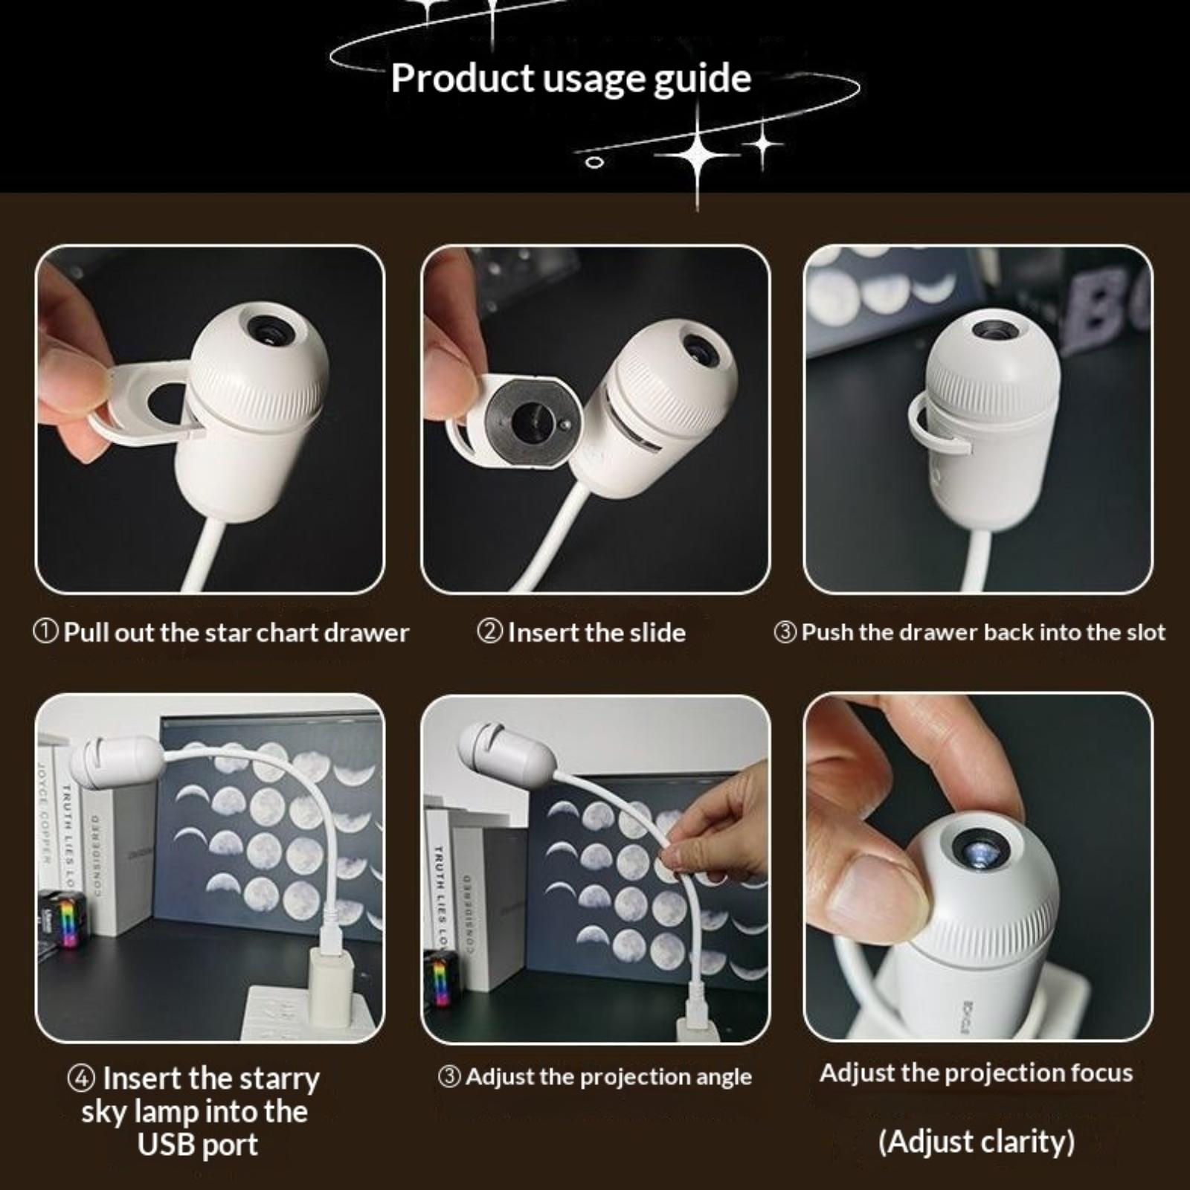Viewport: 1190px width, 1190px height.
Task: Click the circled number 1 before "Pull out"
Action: tap(46, 632)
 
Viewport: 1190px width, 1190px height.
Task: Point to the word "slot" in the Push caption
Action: tap(1143, 632)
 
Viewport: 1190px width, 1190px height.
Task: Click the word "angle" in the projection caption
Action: tap(719, 1078)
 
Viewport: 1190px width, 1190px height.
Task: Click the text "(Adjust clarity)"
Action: tap(977, 1141)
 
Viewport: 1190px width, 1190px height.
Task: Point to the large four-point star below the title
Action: tap(697, 154)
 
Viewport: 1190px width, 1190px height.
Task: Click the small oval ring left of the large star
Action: tap(594, 162)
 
